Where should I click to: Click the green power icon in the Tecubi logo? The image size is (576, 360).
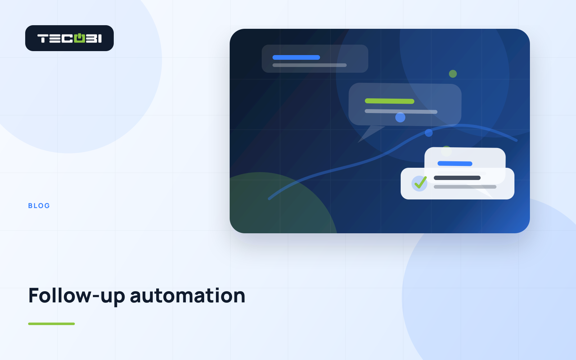point(80,38)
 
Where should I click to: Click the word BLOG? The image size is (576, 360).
point(39,206)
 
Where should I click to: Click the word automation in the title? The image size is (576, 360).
point(188,296)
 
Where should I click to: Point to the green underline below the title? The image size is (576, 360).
point(51,324)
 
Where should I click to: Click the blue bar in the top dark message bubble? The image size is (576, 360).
point(296,57)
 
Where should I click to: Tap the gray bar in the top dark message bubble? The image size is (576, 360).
point(310,65)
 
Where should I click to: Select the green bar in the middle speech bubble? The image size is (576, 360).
point(390,101)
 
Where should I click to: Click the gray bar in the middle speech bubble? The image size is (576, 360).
point(401,111)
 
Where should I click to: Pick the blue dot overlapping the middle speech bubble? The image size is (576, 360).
point(400,117)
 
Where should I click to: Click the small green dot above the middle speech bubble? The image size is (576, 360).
point(453,74)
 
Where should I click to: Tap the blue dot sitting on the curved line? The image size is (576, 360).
point(429,133)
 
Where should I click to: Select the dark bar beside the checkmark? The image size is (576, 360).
point(457,178)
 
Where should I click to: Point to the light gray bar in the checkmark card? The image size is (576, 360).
point(465,187)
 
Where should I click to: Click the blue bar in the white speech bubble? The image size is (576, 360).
point(455,163)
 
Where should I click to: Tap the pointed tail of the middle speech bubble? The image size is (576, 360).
point(358,143)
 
